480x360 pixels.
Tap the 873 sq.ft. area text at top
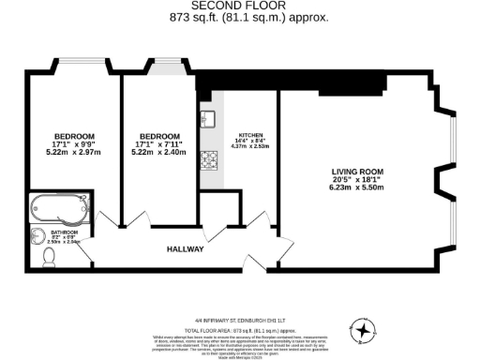click(x=248, y=17)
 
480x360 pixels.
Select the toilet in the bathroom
click(x=50, y=255)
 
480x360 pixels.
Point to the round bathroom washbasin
click(x=39, y=235)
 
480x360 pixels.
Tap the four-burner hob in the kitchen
click(x=208, y=160)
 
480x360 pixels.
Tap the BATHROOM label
click(x=64, y=232)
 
